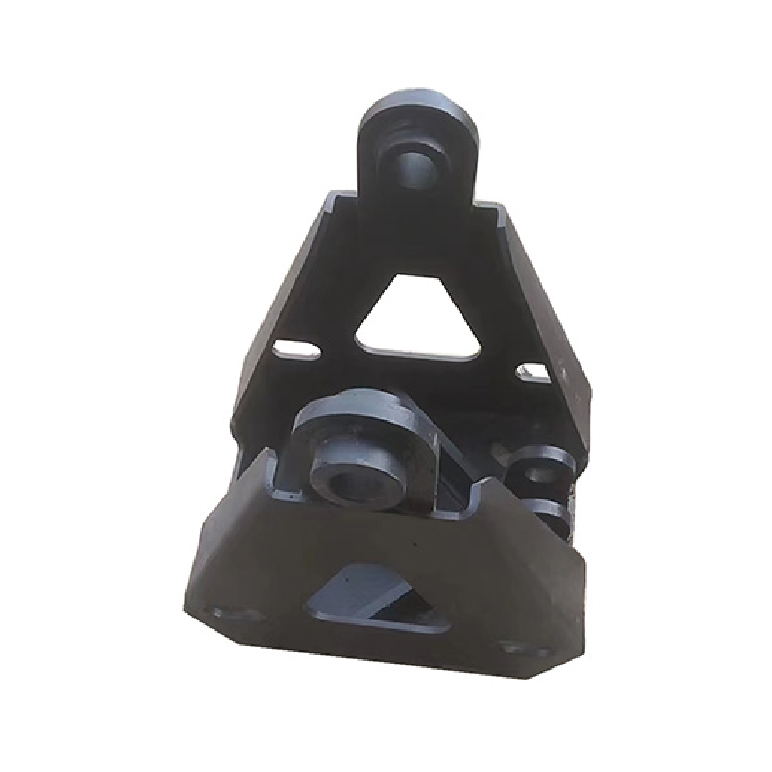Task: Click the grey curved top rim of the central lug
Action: tap(360, 407)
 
